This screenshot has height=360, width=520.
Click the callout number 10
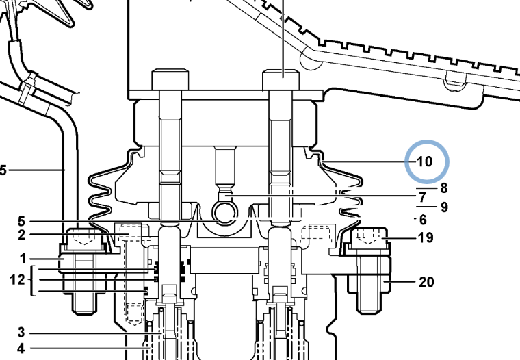(x=425, y=162)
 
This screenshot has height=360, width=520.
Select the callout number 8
(x=444, y=188)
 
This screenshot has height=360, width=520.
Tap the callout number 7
(x=422, y=197)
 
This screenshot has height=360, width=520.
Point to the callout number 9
(x=444, y=207)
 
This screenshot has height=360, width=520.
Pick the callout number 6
(x=423, y=220)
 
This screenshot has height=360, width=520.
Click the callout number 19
(x=426, y=238)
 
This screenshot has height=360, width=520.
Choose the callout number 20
(x=426, y=282)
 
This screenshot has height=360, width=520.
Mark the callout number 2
(x=21, y=235)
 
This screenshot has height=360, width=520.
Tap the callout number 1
(x=23, y=259)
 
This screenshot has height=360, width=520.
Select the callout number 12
(x=17, y=280)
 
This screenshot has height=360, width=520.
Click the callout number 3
(x=21, y=333)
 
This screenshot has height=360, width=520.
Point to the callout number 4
(x=21, y=348)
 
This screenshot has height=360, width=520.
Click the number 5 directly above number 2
(x=21, y=221)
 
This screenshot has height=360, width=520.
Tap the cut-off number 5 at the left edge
(x=3, y=170)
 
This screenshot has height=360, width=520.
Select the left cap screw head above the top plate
(x=170, y=79)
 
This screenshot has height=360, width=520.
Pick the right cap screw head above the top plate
(x=281, y=79)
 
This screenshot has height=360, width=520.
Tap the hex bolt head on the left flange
(x=84, y=240)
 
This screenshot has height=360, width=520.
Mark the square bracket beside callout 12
(x=33, y=280)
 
